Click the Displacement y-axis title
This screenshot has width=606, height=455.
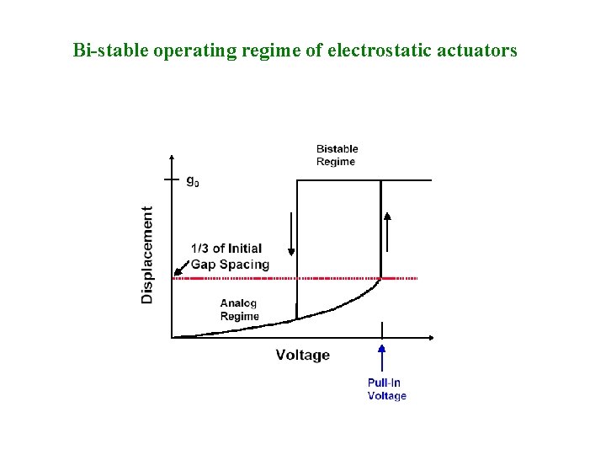pos(148,254)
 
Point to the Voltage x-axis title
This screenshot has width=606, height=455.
pos(302,355)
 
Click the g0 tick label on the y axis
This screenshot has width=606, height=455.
pos(193,181)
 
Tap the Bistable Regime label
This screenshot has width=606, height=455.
pos(337,155)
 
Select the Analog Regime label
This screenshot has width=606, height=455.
pos(239,309)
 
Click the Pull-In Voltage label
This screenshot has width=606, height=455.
pos(386,389)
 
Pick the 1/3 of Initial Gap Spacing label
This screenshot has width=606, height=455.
pos(230,256)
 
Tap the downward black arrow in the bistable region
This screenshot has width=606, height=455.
pos(291,233)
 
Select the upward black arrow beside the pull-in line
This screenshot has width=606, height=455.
pos(388,231)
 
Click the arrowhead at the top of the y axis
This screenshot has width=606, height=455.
pos(172,158)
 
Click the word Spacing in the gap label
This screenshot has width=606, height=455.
pos(245,264)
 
